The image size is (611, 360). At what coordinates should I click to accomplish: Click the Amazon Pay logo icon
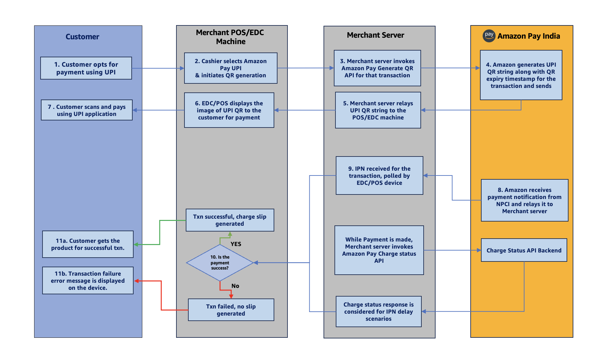pos(489,36)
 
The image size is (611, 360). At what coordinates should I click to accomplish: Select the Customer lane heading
pos(82,37)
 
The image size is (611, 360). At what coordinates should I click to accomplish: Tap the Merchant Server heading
pos(375,35)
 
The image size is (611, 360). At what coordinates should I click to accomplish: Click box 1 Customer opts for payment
pos(86,68)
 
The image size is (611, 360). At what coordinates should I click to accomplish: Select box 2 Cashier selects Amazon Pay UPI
pos(230,68)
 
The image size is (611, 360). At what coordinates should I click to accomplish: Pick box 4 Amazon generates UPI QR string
pos(521,75)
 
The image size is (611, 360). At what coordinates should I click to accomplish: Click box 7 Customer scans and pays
pos(87,110)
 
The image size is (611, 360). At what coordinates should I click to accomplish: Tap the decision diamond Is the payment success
pos(220,263)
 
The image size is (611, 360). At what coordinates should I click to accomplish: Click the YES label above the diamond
pos(236,244)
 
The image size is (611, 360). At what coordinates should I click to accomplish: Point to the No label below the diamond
pos(235,286)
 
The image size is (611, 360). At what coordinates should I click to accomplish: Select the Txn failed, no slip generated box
pos(231,310)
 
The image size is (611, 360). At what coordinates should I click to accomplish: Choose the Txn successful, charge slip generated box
pos(230,220)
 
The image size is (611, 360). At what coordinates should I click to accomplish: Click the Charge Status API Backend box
pos(524,250)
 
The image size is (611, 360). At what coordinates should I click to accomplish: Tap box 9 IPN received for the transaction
pos(379,175)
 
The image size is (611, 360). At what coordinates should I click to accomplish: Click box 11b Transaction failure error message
pos(88,280)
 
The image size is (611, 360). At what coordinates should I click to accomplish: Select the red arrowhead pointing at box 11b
pos(136,281)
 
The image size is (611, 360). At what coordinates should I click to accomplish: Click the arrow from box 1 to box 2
pos(158,68)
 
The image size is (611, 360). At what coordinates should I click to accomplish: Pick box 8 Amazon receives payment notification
pos(524,200)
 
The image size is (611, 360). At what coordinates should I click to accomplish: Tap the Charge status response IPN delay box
pos(379,311)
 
